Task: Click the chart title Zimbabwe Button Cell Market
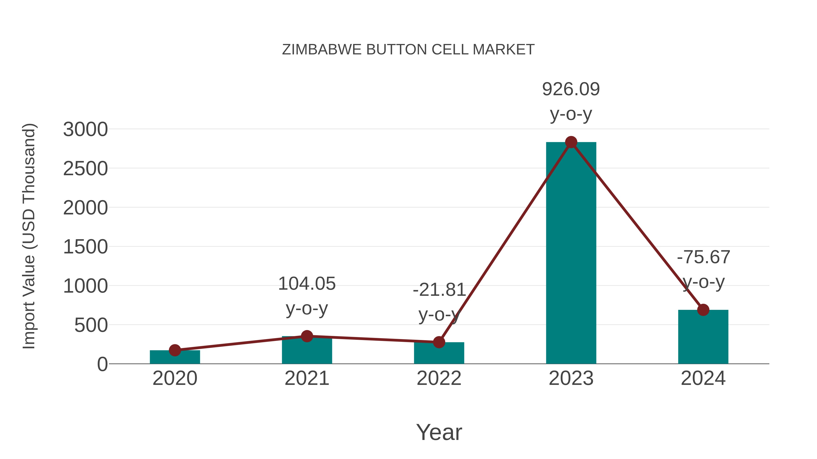click(x=408, y=50)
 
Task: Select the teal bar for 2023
click(x=571, y=253)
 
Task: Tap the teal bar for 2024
click(x=703, y=339)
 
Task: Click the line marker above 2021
click(x=307, y=336)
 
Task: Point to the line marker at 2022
click(x=439, y=342)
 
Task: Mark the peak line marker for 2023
click(x=571, y=142)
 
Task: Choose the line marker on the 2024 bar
click(x=703, y=310)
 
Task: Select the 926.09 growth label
click(x=571, y=89)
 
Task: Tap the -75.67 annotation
click(x=703, y=257)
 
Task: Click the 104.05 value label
click(x=307, y=284)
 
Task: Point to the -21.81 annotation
click(x=439, y=290)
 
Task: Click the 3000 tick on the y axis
click(x=85, y=130)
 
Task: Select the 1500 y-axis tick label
click(x=85, y=247)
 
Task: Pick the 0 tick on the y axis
click(x=102, y=364)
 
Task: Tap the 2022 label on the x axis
click(x=439, y=378)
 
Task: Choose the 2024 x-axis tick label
click(x=703, y=378)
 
